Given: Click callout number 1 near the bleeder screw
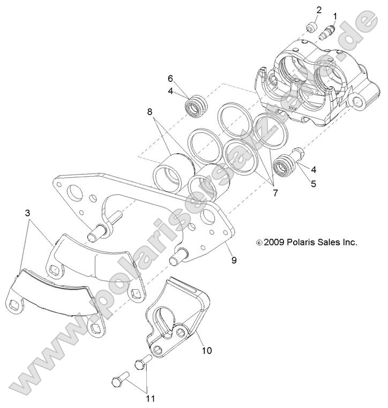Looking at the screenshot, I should [x=335, y=17].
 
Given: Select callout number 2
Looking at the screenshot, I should [x=319, y=10].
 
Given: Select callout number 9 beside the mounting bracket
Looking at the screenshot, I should [x=234, y=260].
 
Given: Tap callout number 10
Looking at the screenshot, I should [x=207, y=351].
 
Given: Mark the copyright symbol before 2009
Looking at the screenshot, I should [x=259, y=243].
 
